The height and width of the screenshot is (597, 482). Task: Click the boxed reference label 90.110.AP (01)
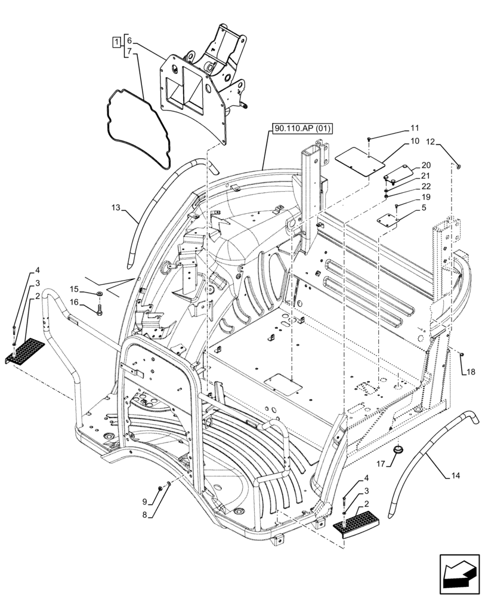tap(304, 128)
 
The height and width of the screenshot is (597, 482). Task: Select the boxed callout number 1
tap(115, 41)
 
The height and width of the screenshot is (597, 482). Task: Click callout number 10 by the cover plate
tap(415, 141)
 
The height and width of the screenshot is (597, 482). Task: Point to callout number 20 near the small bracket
tap(425, 165)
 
